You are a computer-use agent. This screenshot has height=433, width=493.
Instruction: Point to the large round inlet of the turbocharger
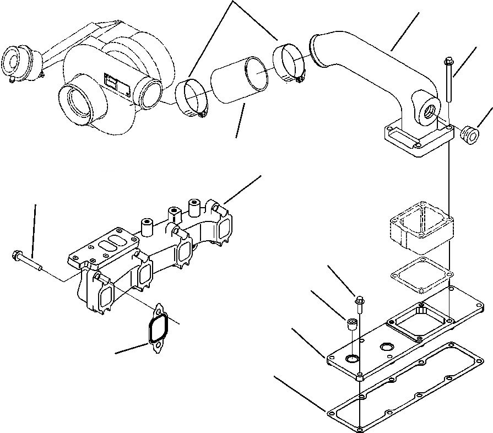click(77, 105)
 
